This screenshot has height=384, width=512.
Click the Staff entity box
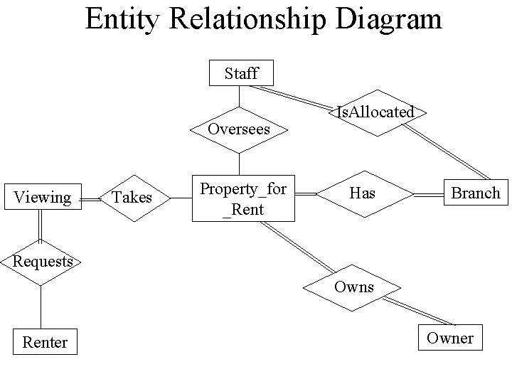tap(240, 73)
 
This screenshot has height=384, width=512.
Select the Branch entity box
tap(476, 193)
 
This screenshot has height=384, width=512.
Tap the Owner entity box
tap(449, 338)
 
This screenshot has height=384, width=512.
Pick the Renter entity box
tap(45, 342)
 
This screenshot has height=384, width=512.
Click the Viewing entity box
tap(43, 197)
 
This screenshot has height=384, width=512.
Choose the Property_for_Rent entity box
tap(243, 198)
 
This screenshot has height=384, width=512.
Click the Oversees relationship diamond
tap(240, 129)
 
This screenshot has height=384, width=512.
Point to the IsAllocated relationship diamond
tap(375, 112)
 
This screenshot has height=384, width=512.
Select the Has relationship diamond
tap(363, 193)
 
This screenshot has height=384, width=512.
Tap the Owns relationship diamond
tap(353, 287)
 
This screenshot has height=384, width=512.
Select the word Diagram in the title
tap(390, 18)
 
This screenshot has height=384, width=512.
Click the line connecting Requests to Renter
tap(41, 306)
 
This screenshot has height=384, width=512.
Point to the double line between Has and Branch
tap(429, 193)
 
